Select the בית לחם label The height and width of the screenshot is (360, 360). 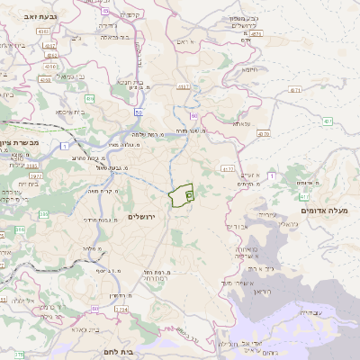click(x=139, y=351)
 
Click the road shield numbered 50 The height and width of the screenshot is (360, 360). click(x=138, y=112)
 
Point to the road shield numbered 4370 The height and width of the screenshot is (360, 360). click(x=262, y=133)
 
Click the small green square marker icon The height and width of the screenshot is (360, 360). click(x=189, y=193)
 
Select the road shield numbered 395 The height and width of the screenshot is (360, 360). click(x=19, y=233)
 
